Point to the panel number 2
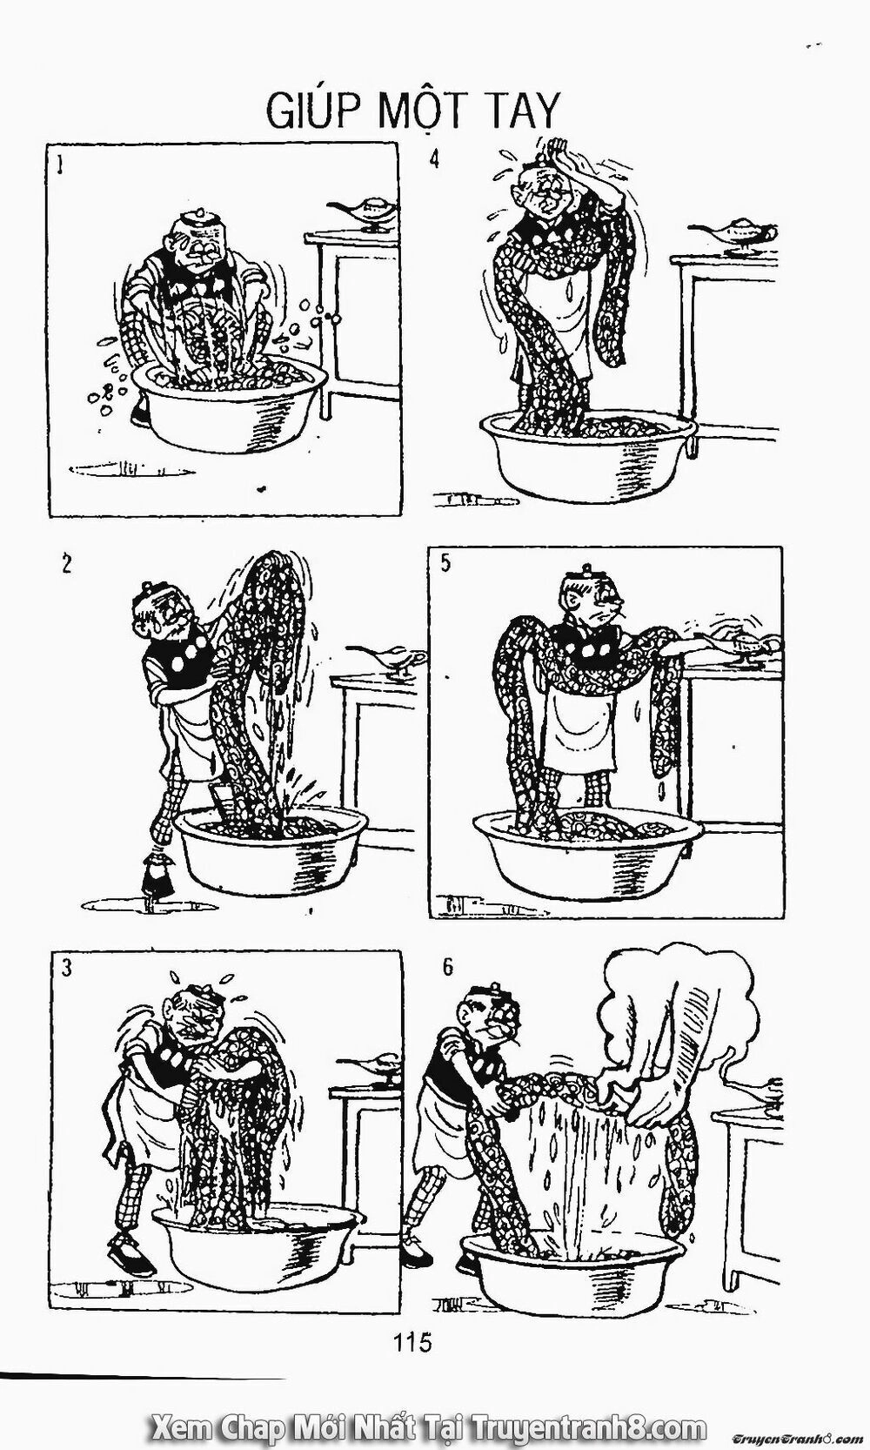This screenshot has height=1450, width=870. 66,565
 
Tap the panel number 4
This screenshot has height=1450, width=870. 433,158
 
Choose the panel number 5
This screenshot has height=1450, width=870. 445,563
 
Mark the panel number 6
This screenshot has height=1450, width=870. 447,968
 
